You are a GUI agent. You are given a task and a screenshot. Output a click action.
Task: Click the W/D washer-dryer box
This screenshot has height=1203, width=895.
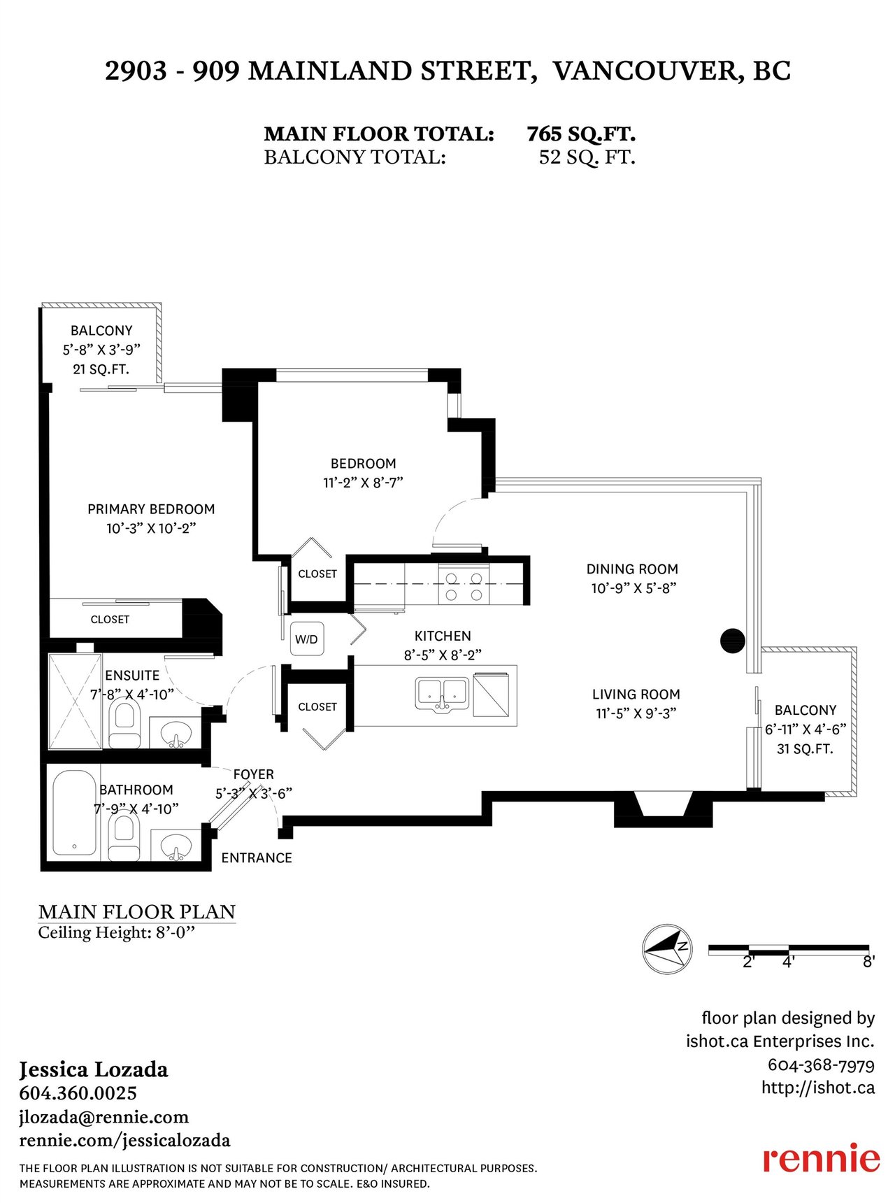coord(307,639)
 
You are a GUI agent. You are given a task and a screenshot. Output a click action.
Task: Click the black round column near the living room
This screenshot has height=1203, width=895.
coord(733,640)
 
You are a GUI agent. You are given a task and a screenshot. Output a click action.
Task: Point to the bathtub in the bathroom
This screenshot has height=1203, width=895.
coord(74,812)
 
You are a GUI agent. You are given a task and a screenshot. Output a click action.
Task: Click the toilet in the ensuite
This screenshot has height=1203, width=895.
coord(124,725)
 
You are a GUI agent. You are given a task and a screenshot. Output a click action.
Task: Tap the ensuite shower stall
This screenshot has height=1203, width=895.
coord(75,701)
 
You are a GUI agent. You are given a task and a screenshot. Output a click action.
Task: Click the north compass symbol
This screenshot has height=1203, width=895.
coord(667,948)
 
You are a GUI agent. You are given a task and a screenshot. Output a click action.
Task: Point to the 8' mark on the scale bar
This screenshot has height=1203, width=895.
coord(868,962)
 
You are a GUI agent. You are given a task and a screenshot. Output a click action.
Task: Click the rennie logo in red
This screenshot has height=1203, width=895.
coord(821,1158)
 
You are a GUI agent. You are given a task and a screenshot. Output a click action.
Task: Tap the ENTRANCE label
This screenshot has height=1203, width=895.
coord(257,857)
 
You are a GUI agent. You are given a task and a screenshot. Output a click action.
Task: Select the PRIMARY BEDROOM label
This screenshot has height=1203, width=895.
coord(151,509)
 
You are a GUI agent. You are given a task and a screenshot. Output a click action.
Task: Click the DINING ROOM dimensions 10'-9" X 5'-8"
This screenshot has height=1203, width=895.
coord(633,588)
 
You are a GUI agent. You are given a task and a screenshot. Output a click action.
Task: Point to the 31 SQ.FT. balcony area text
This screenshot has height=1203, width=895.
coord(805,749)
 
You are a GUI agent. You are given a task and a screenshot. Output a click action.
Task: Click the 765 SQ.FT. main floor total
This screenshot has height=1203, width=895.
coord(581,134)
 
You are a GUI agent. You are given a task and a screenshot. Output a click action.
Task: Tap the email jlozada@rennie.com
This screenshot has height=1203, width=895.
coord(103,1117)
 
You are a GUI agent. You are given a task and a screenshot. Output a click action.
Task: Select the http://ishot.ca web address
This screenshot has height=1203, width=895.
coord(818,1088)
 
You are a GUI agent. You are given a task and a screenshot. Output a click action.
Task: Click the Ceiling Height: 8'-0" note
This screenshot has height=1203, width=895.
coord(116,932)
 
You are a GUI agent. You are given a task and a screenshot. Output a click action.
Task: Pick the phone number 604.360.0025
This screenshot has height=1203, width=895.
coord(78,1093)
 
